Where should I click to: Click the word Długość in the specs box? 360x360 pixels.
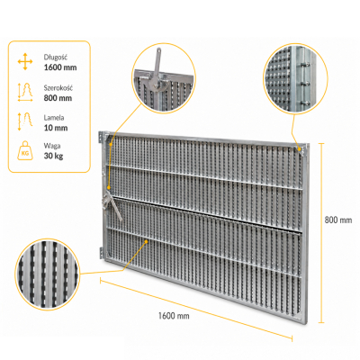[x=56, y=57]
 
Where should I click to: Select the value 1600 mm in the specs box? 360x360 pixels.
[x=60, y=67]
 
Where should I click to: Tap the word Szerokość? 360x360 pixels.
[x=58, y=88]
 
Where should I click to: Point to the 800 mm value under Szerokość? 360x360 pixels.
[x=58, y=98]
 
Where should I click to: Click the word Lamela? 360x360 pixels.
[x=54, y=118]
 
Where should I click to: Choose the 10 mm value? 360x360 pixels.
[x=56, y=128]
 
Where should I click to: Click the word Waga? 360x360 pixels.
[x=52, y=146]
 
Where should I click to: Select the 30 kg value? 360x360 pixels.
[x=53, y=156]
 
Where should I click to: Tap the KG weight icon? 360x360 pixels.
[x=25, y=150]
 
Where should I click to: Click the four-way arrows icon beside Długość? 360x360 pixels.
[x=25, y=62]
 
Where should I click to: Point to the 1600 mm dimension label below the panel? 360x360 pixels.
[x=174, y=316]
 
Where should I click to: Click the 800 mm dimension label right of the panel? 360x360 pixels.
[x=338, y=220]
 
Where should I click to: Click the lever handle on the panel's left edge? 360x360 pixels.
[x=116, y=207]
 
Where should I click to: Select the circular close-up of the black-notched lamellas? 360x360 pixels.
[x=48, y=274]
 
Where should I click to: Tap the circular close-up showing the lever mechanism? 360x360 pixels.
[x=164, y=78]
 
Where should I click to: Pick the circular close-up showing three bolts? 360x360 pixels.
[x=295, y=79]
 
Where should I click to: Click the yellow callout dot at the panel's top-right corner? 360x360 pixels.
[x=300, y=148]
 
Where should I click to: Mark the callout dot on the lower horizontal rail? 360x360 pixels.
[x=147, y=241]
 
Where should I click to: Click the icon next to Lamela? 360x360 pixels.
[x=25, y=121]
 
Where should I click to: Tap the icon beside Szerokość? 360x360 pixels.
[x=25, y=92]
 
